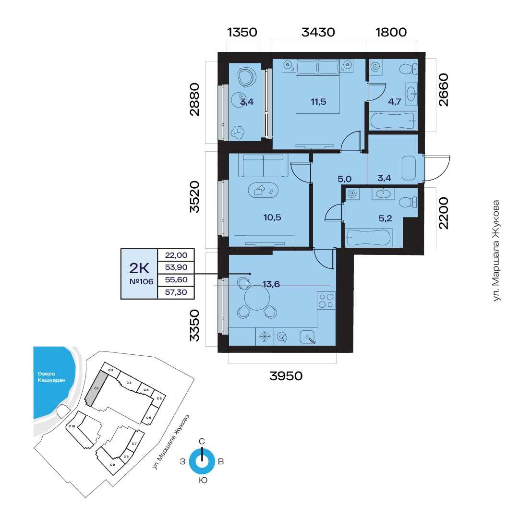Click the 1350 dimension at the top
click(x=242, y=32)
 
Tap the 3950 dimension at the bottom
click(x=286, y=375)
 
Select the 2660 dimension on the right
click(x=443, y=90)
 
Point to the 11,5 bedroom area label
click(x=318, y=102)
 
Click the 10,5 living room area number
click(x=272, y=217)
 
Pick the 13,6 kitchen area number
click(x=271, y=284)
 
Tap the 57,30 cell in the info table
click(x=176, y=292)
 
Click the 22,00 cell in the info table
click(x=176, y=255)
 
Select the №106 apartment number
click(x=141, y=282)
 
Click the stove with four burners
click(x=326, y=301)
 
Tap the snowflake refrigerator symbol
click(x=265, y=337)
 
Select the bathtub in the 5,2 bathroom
click(x=369, y=237)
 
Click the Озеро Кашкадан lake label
click(x=51, y=377)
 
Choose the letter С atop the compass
click(x=202, y=441)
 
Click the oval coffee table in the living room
click(x=263, y=190)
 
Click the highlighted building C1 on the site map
click(x=97, y=388)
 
